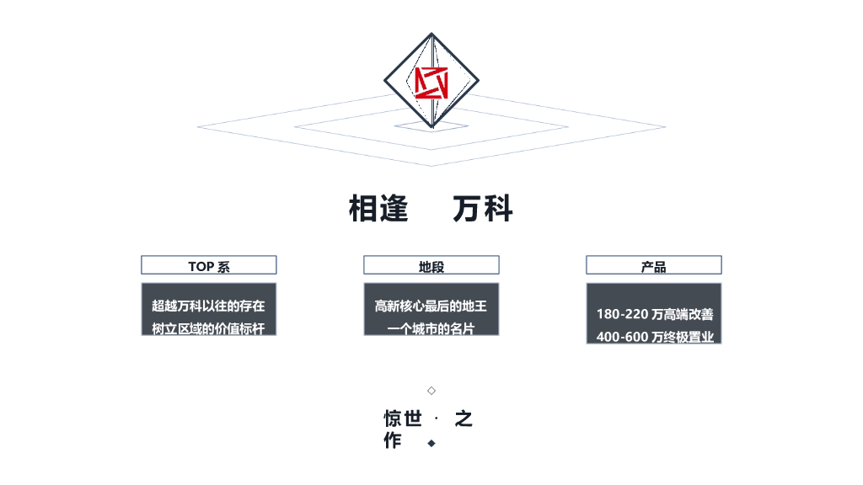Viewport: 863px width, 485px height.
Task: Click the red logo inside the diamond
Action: pos(431,82)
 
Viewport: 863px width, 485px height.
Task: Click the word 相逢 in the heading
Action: pos(378,209)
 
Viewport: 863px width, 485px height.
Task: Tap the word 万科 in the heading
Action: pos(483,209)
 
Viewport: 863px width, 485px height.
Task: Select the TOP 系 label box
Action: pos(209,266)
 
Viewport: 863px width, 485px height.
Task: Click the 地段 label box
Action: pos(431,266)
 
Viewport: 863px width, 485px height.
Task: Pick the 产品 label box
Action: pos(654,266)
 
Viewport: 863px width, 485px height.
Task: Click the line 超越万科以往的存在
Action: pos(208,306)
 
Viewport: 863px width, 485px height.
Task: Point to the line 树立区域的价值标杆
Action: pos(208,328)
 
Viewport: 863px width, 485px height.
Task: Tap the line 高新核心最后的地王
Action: pos(431,306)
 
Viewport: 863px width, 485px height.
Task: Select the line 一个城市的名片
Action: pos(431,328)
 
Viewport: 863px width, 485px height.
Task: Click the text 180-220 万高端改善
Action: pos(655,314)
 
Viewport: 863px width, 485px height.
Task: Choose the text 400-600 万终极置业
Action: pos(655,337)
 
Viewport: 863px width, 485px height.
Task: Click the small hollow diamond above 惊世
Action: pos(431,391)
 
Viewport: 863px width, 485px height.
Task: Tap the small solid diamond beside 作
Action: pos(431,443)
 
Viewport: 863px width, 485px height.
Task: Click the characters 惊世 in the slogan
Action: pos(403,418)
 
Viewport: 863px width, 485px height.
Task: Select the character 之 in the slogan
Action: pos(464,418)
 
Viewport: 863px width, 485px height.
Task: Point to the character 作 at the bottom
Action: pos(393,440)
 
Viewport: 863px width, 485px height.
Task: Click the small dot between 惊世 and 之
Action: pos(436,418)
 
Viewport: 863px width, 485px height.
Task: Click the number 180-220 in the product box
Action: pos(622,314)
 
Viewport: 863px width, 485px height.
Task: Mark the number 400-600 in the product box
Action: pos(622,337)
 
